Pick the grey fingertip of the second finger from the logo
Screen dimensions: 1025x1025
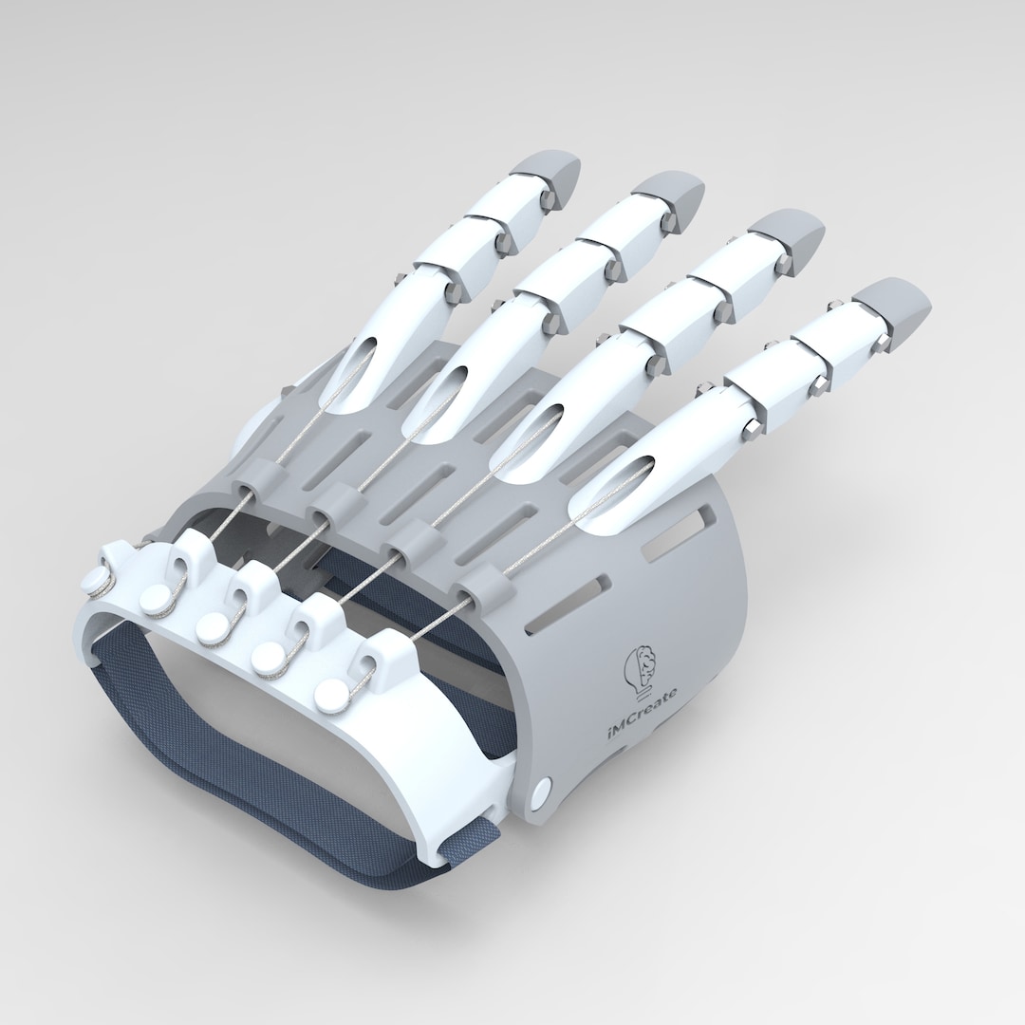pos(785,232)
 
